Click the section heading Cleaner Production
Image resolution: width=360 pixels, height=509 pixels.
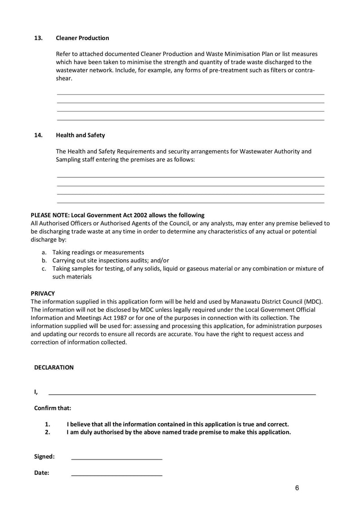tap(82, 38)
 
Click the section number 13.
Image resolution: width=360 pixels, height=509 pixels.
tap(39, 38)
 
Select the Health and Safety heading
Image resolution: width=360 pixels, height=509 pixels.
tap(80, 135)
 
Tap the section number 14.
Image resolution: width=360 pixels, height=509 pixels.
tap(39, 135)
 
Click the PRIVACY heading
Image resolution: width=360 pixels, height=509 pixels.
tap(43, 293)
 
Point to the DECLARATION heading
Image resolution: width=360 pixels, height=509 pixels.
tap(54, 367)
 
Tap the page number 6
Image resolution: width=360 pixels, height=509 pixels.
tap(297, 488)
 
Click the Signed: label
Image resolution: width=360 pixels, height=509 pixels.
tap(45, 456)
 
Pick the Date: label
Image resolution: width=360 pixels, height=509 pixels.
tap(42, 473)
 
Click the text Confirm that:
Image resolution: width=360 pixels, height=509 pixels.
tap(53, 408)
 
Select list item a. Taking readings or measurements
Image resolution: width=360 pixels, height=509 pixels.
tap(98, 252)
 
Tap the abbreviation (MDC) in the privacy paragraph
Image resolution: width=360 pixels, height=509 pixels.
tap(313, 301)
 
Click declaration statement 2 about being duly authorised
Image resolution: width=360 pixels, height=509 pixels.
tap(179, 432)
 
